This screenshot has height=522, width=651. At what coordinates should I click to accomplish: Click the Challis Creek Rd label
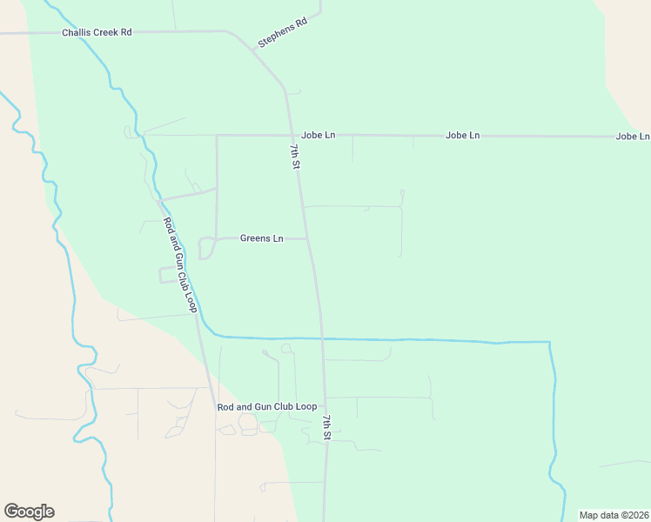(x=97, y=32)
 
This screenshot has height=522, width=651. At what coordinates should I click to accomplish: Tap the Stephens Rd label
(x=283, y=32)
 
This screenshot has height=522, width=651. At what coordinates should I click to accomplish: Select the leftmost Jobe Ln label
(x=318, y=136)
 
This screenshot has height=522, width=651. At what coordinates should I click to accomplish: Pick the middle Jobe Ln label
(x=462, y=136)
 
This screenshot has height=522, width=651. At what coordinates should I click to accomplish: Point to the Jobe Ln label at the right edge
(x=632, y=137)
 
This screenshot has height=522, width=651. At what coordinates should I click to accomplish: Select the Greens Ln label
(x=262, y=238)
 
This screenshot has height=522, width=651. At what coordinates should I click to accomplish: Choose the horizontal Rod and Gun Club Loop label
(x=266, y=407)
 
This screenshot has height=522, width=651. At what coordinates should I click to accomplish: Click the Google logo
(x=29, y=512)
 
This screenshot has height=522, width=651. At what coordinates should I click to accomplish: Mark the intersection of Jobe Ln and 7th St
(x=291, y=136)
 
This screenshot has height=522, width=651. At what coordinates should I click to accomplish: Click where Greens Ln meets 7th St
(x=308, y=238)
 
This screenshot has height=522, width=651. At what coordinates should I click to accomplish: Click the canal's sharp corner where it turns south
(x=549, y=342)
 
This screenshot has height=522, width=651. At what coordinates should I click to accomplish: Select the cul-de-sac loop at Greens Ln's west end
(x=206, y=248)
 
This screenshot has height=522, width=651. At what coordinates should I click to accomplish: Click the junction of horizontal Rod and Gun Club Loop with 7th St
(x=325, y=406)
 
